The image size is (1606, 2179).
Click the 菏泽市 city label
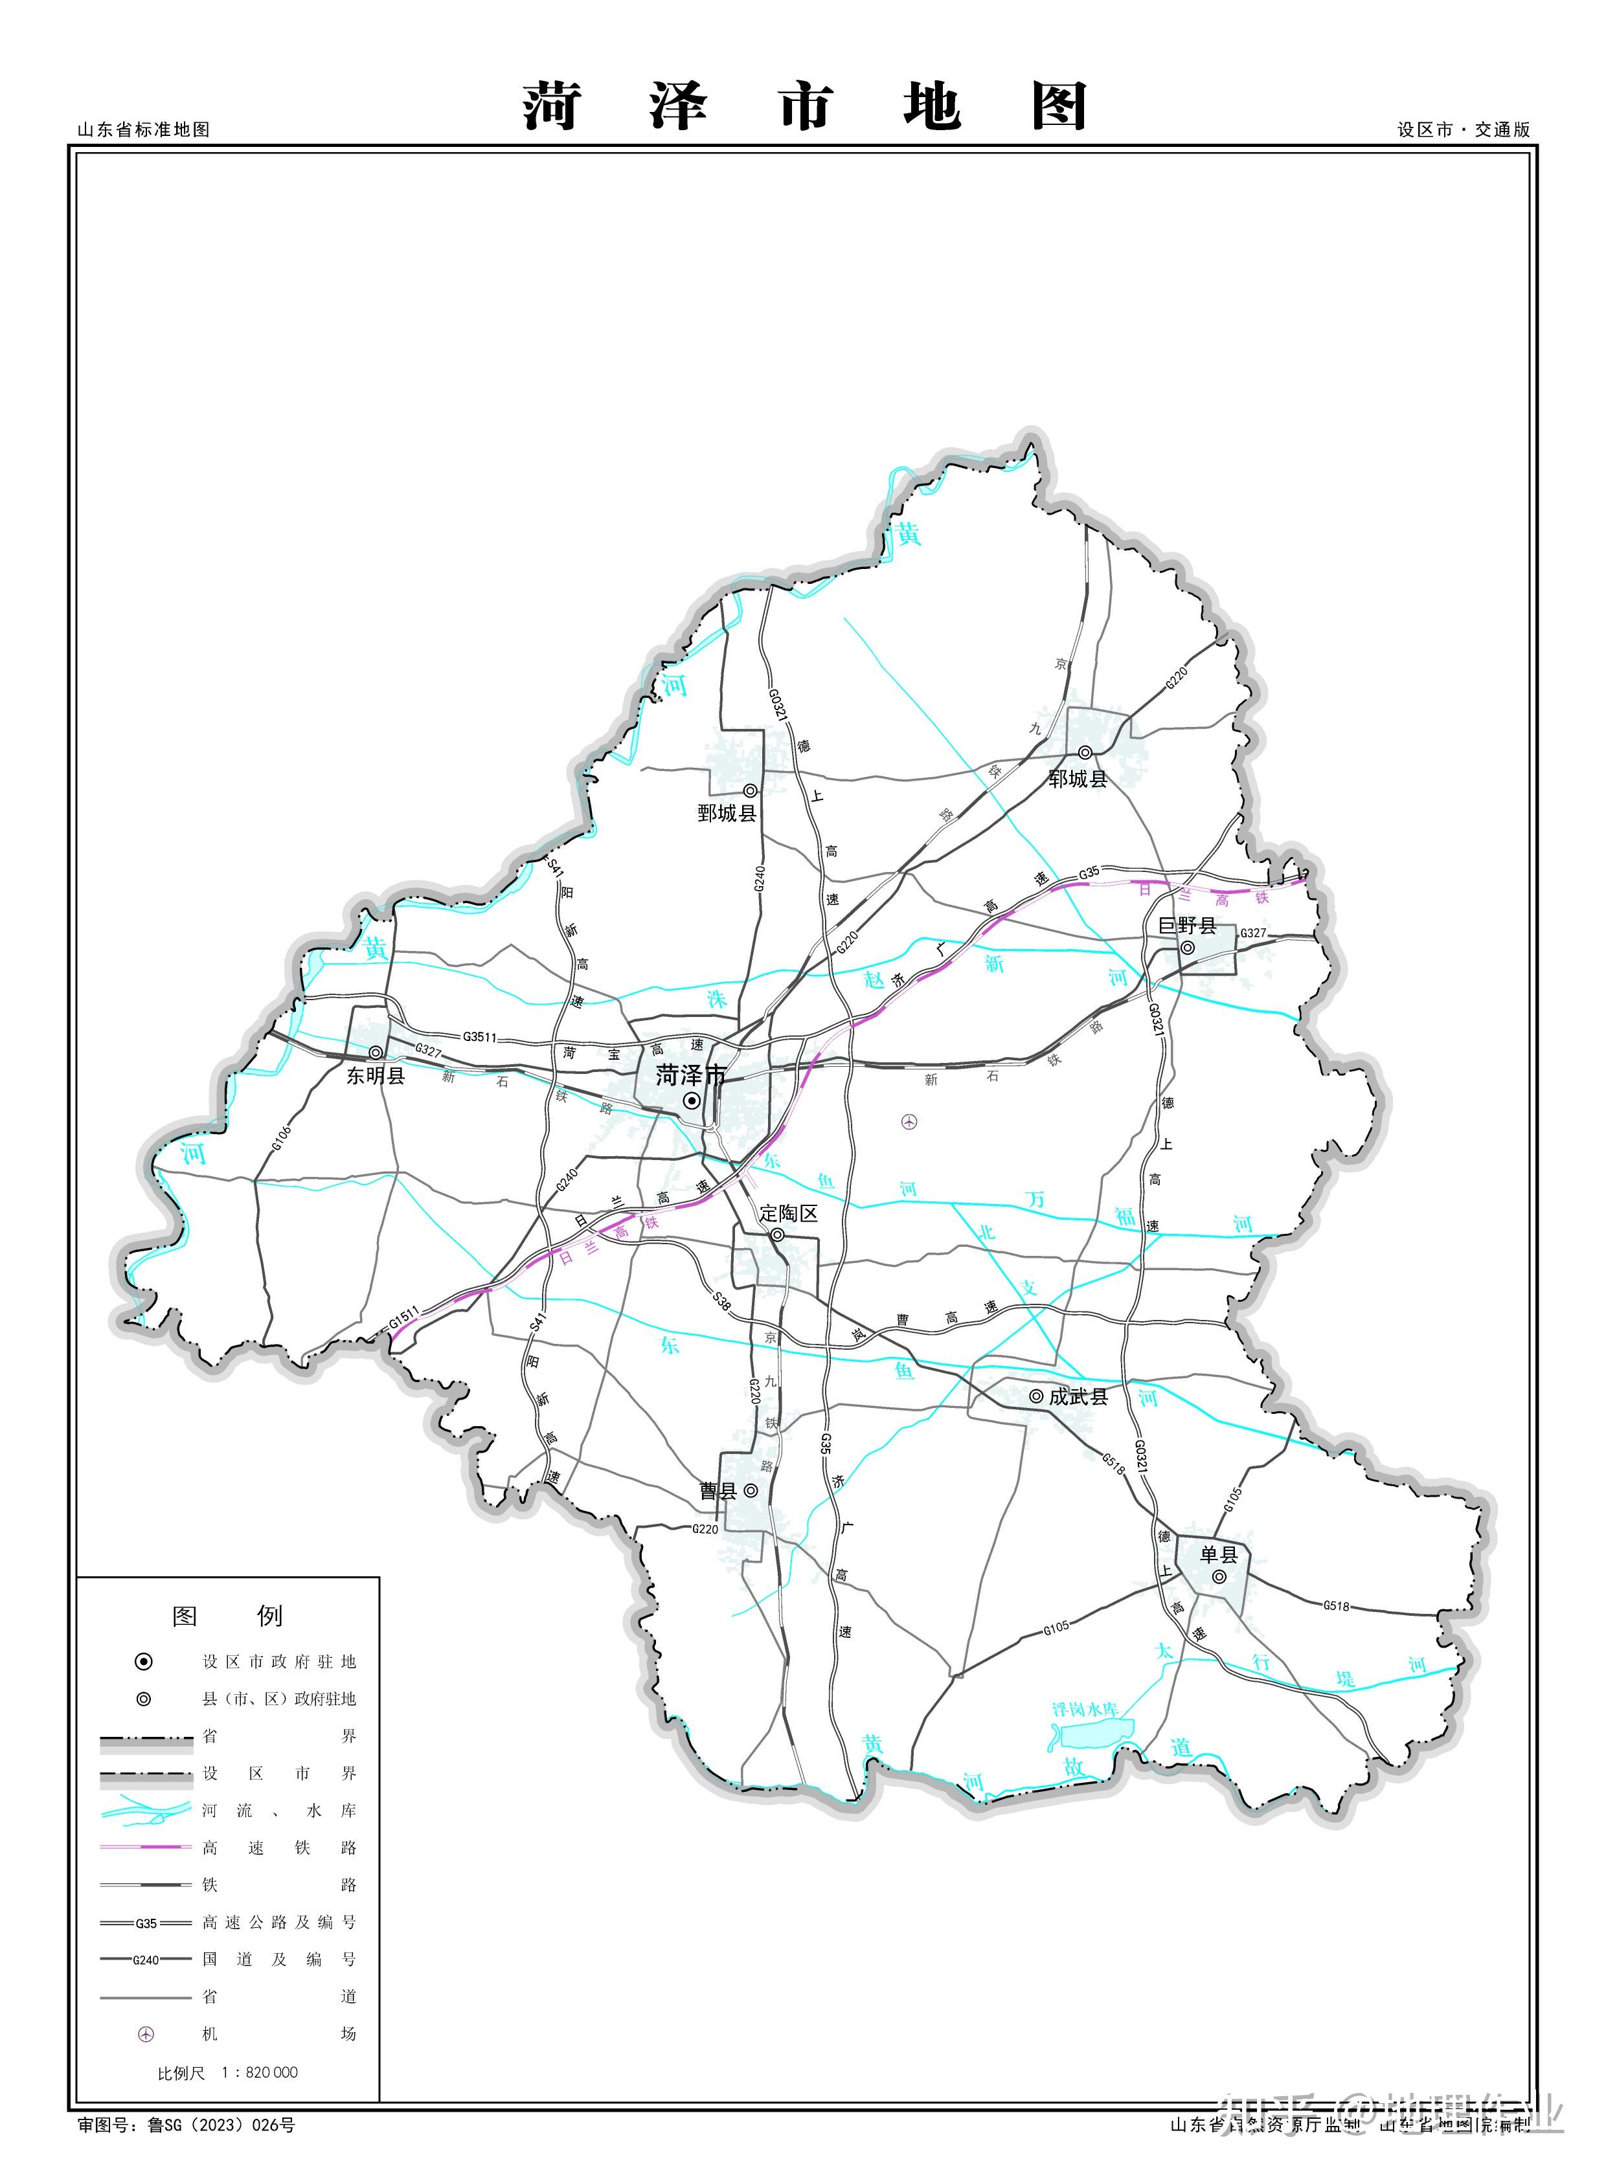[x=690, y=1075]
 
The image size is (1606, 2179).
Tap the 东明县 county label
[x=375, y=1076]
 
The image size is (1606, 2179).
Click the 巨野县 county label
[x=1187, y=925]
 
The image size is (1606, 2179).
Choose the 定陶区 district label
[x=788, y=1213]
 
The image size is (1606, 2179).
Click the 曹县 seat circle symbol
[x=751, y=1490]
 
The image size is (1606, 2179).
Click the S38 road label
[x=721, y=1301]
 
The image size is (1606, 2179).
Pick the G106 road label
[x=281, y=1138]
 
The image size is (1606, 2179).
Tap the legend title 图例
[x=227, y=1616]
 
